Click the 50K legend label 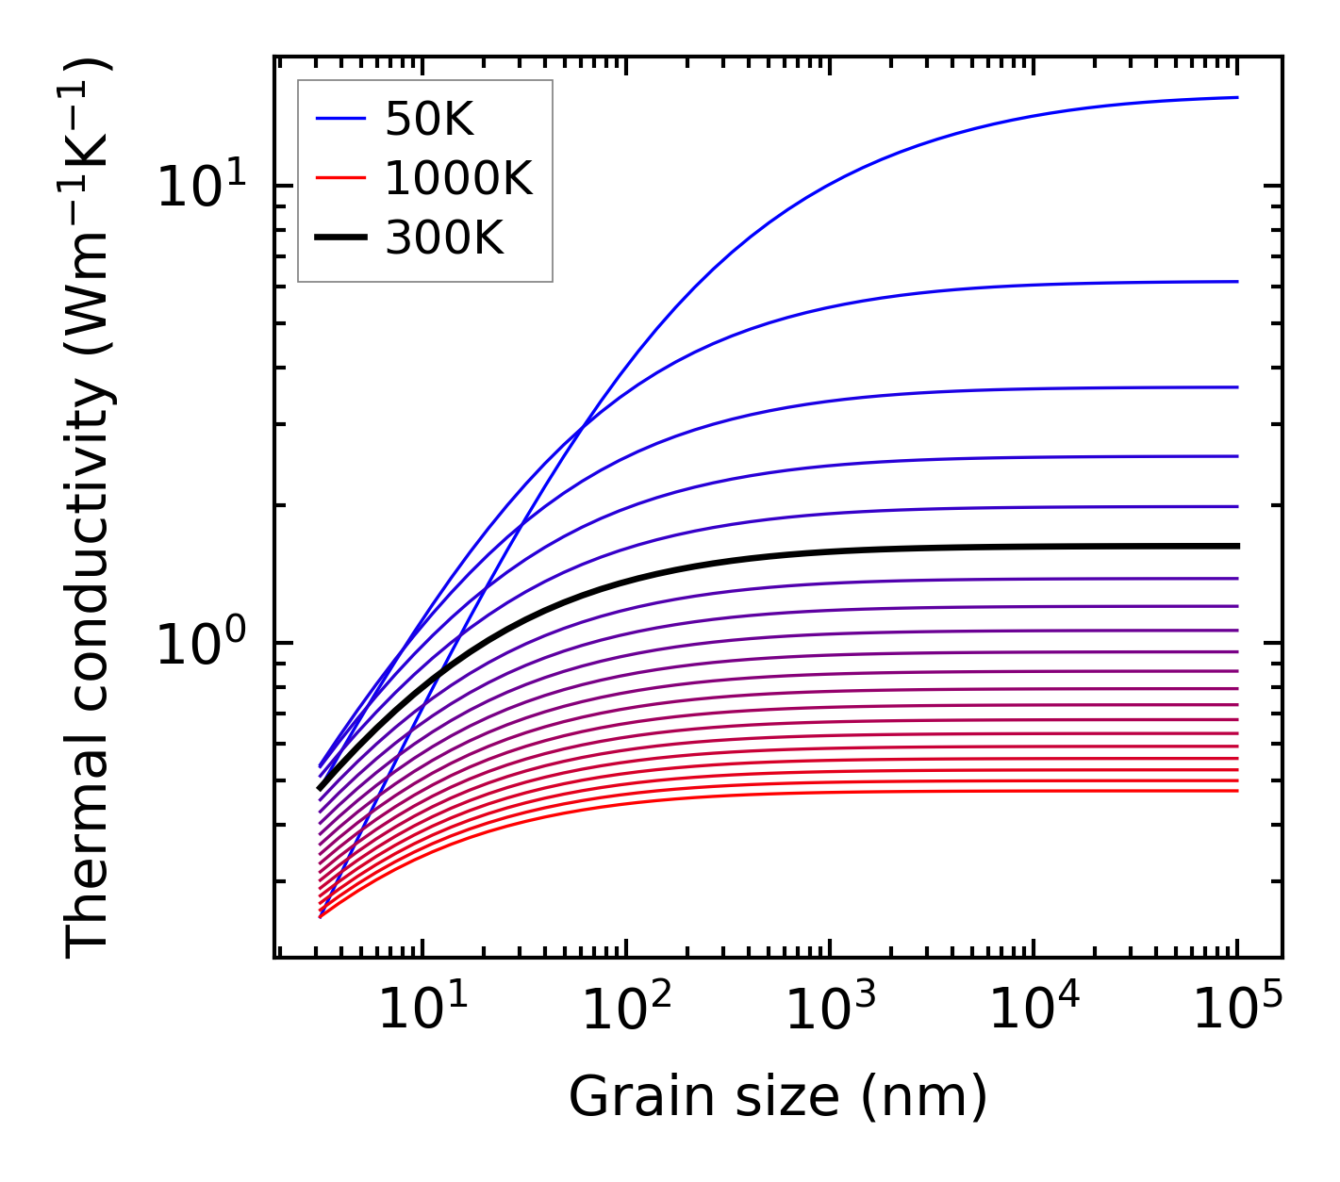429,120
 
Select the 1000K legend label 458,179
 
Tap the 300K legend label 444,239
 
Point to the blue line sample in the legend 339,119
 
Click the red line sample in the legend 339,178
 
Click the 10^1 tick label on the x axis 422,1010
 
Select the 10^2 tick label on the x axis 626,1010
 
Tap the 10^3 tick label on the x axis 830,1010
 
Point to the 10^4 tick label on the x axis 1034,1010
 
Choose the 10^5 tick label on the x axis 1237,1010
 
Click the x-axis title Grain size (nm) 778,1097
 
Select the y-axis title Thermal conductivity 89,507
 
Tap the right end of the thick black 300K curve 1236,546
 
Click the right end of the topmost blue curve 1236,97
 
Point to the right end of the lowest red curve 1236,790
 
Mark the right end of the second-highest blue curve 1236,281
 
